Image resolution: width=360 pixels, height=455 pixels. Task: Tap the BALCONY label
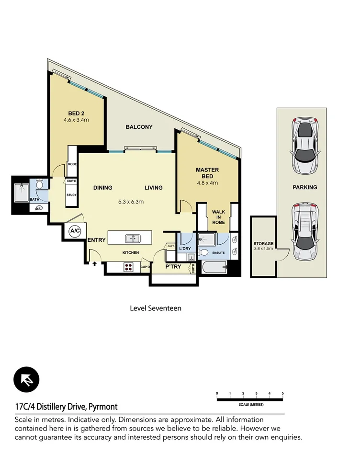139,127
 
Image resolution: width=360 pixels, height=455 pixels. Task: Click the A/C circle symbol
75,230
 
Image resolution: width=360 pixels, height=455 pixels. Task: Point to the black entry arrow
94,263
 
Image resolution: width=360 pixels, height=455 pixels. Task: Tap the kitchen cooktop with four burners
129,267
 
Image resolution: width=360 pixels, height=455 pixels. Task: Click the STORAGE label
263,244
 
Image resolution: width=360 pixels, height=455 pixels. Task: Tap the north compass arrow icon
27,380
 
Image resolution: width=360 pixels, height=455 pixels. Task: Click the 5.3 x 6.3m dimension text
131,202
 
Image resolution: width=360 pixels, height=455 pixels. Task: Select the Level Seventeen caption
156,308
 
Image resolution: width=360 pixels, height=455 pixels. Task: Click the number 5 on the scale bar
282,393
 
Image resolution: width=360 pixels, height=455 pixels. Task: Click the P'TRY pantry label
173,266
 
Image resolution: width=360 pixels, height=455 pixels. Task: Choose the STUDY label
72,195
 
